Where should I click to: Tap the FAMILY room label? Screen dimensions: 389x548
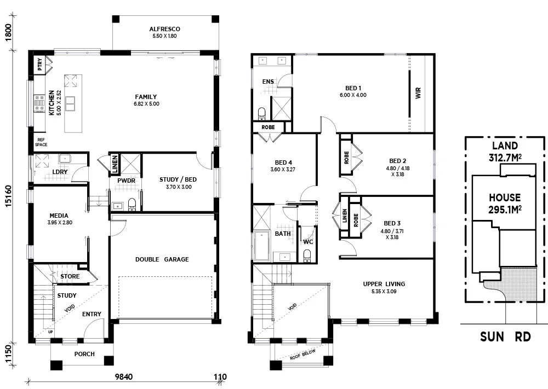click(146, 97)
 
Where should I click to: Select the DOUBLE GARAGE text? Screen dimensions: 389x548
click(162, 259)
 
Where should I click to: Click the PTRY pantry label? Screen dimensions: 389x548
click(40, 65)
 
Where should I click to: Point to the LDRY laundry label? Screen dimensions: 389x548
click(59, 172)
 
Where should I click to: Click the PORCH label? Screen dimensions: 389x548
click(84, 354)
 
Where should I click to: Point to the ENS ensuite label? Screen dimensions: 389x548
click(268, 82)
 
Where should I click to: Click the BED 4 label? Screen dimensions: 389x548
click(283, 162)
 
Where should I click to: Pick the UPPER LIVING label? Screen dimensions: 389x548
click(384, 284)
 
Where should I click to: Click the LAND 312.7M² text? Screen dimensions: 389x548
click(505, 152)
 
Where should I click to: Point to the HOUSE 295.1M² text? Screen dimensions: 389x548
click(505, 202)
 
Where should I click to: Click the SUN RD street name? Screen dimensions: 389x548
click(505, 336)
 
